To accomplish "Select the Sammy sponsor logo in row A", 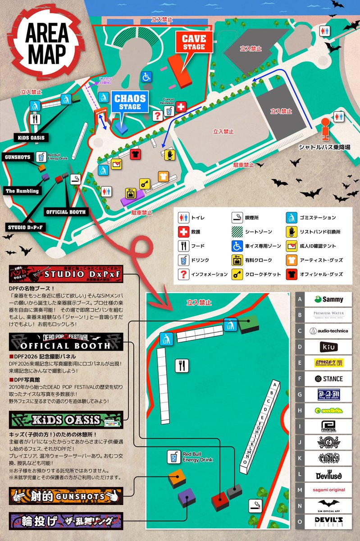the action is coord(328,299).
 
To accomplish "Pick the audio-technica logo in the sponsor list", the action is coord(328,330).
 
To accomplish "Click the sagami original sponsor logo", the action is coord(328,490).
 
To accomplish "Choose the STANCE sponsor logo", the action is coord(328,379).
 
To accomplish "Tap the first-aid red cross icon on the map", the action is coord(180,107).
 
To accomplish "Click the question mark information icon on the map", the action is coord(157,116).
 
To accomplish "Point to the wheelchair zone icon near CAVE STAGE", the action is coord(146,77).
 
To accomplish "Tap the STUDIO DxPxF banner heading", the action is coord(65,275).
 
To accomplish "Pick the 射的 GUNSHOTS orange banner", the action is coord(65,497).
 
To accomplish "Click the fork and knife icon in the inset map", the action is coord(182,365).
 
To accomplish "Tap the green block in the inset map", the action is coord(247,324).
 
